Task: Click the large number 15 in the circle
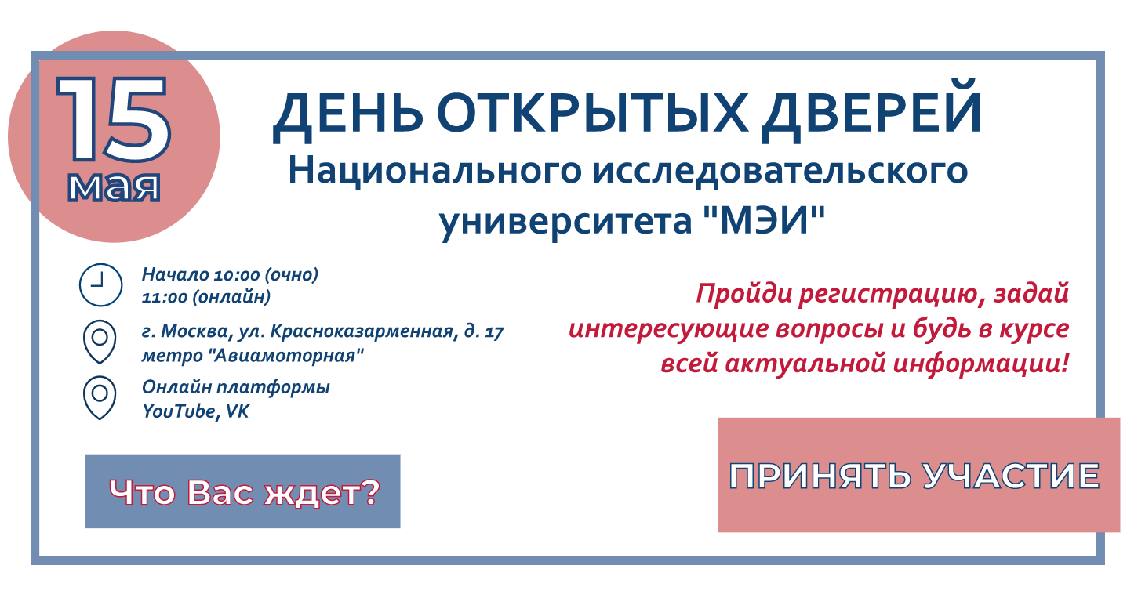[x=114, y=120]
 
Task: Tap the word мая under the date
[x=114, y=187]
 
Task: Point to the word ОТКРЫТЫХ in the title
[x=599, y=114]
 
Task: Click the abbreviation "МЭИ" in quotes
[x=761, y=223]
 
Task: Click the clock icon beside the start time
[x=100, y=284]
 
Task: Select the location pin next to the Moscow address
[x=100, y=342]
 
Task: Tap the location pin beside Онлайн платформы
[x=100, y=397]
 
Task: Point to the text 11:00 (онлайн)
[x=206, y=297]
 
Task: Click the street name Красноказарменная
[x=362, y=332]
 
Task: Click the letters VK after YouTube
[x=237, y=411]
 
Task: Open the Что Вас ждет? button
[x=243, y=491]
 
